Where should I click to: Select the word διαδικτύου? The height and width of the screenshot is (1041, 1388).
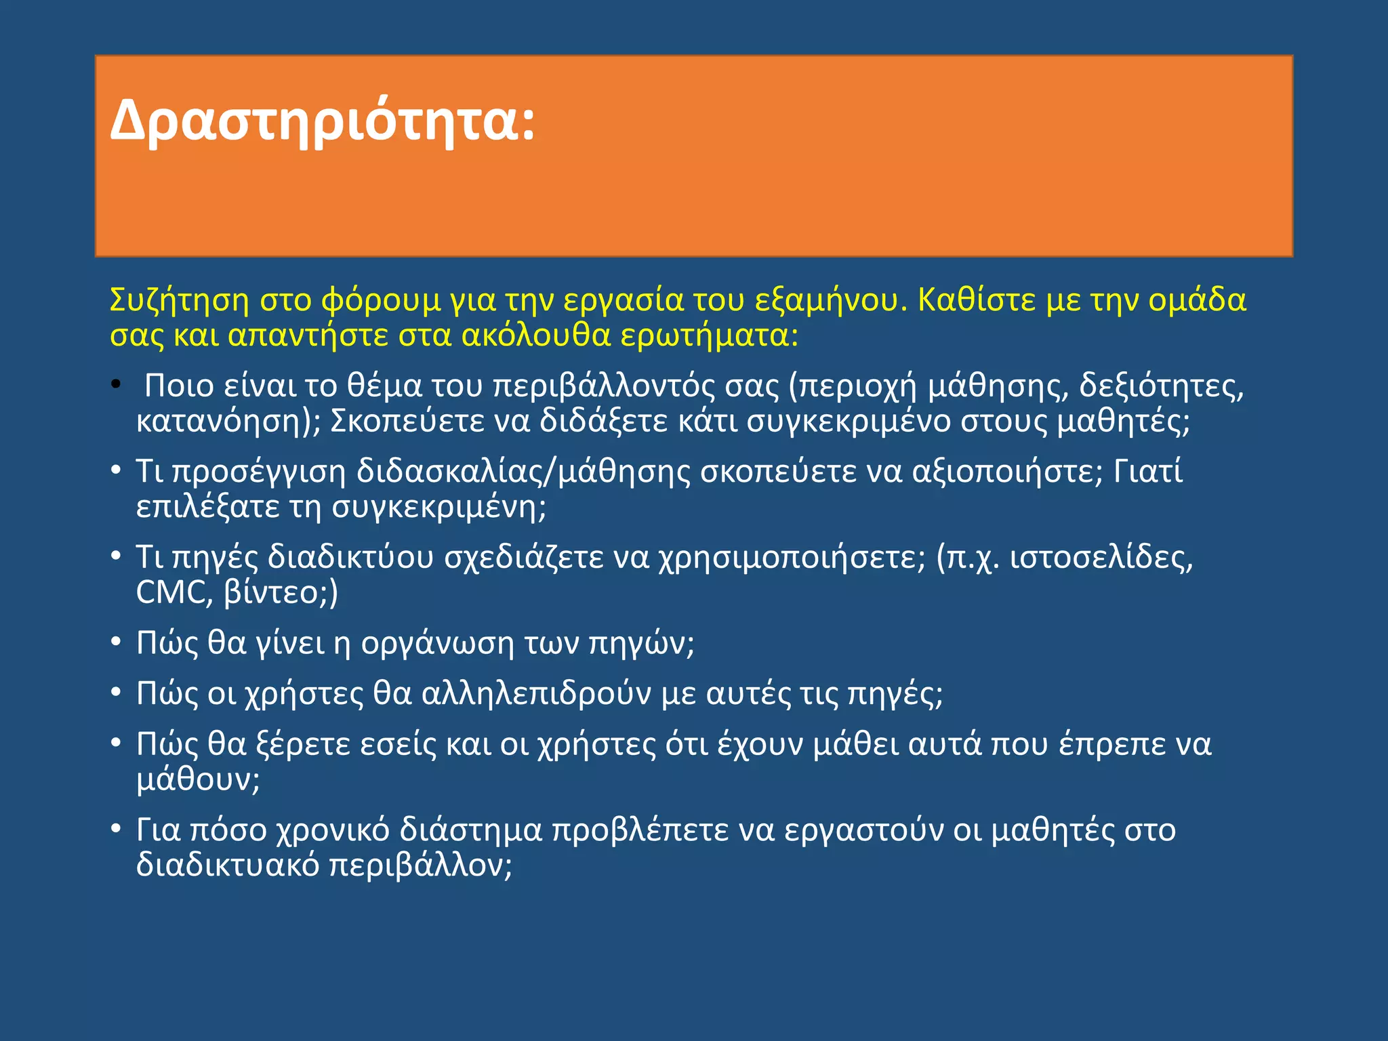pos(350,558)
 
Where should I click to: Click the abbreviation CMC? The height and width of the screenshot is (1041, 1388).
pos(170,592)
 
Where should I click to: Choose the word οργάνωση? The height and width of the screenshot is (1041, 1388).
pos(437,643)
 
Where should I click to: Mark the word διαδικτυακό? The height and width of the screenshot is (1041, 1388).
pos(228,865)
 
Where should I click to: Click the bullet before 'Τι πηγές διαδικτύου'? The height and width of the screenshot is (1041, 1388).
pos(116,556)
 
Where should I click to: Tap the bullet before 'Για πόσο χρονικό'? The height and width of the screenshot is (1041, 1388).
pos(116,829)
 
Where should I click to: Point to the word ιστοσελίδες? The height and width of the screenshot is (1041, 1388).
pos(1101,558)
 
